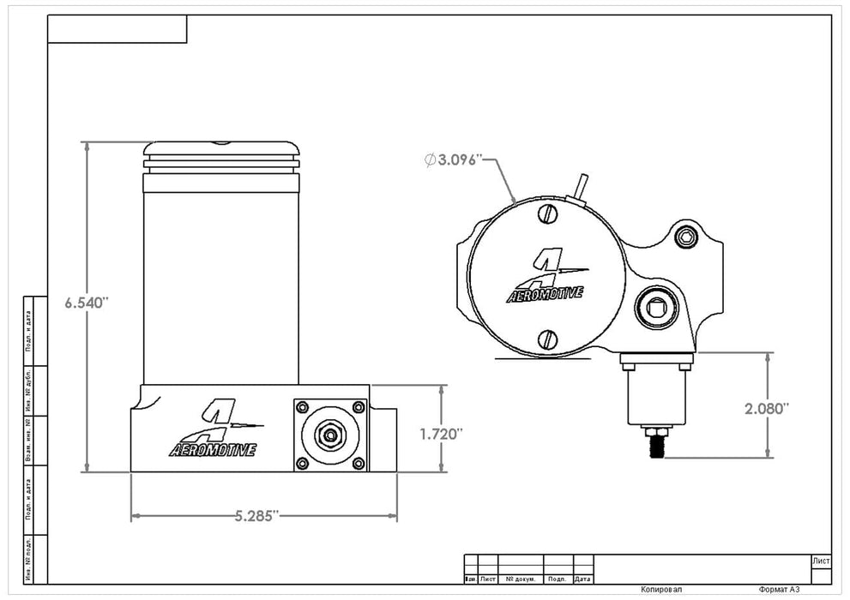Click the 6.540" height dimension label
[x=87, y=303]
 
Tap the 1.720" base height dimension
[x=442, y=434]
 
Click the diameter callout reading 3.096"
[x=455, y=159]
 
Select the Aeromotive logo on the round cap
[x=546, y=279]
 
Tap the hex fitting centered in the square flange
[x=329, y=435]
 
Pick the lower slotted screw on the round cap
[x=548, y=339]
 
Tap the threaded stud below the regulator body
[x=659, y=444]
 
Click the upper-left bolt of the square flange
[x=302, y=407]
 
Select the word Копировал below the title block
[x=661, y=591]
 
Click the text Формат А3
[x=781, y=591]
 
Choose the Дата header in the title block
[x=583, y=579]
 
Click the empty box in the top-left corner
[x=117, y=29]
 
